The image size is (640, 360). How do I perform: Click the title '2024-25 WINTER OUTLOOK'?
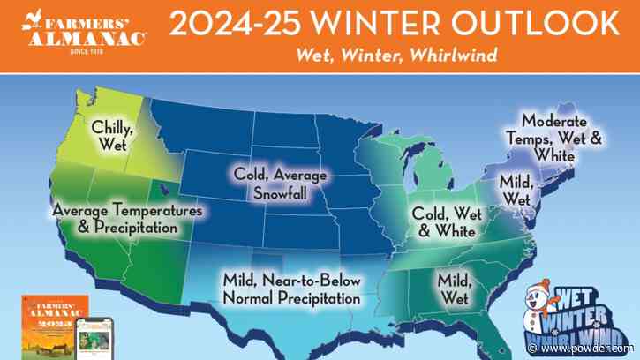click(394, 25)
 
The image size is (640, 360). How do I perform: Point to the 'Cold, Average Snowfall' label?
click(279, 184)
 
